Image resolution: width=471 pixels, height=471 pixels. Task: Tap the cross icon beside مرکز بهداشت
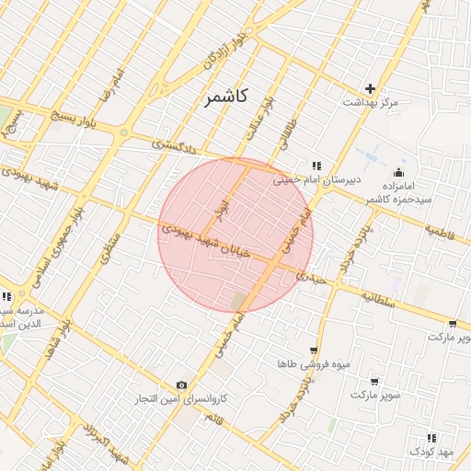coord(370,89)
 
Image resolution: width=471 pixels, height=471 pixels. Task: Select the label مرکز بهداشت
coord(370,103)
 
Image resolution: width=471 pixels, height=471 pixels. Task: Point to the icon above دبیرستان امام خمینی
coord(316,166)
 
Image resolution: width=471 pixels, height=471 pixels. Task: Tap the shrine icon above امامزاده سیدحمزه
coord(398,172)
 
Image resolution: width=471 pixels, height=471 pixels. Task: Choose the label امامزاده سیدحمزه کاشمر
coord(396,191)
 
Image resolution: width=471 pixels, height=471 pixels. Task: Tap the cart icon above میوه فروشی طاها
coord(315,350)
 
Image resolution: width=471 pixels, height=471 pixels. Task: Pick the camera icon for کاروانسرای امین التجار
coord(181,385)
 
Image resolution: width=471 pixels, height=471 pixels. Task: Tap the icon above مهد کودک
coord(432,437)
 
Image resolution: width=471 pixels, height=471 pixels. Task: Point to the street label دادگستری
coord(175,144)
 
